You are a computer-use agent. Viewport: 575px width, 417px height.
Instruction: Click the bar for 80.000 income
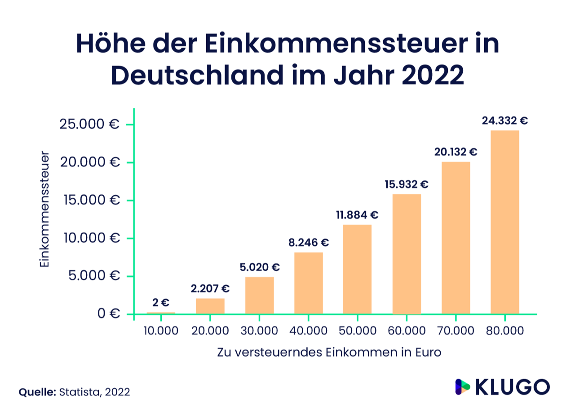[505, 222]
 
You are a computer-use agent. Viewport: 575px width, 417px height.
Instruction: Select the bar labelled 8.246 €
[309, 283]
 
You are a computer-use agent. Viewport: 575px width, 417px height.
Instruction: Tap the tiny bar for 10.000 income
[161, 313]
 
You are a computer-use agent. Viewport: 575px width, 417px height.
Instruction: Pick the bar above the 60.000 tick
[407, 254]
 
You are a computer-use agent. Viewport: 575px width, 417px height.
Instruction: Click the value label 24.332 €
[505, 121]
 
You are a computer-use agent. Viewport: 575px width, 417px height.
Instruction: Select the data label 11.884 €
[358, 215]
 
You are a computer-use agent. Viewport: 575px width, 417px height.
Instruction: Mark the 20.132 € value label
[456, 152]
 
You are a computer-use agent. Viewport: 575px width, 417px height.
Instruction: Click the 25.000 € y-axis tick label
[90, 124]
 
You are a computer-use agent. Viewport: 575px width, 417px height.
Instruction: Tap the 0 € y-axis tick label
[108, 314]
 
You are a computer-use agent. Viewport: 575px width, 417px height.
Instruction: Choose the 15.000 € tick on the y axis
[90, 200]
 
